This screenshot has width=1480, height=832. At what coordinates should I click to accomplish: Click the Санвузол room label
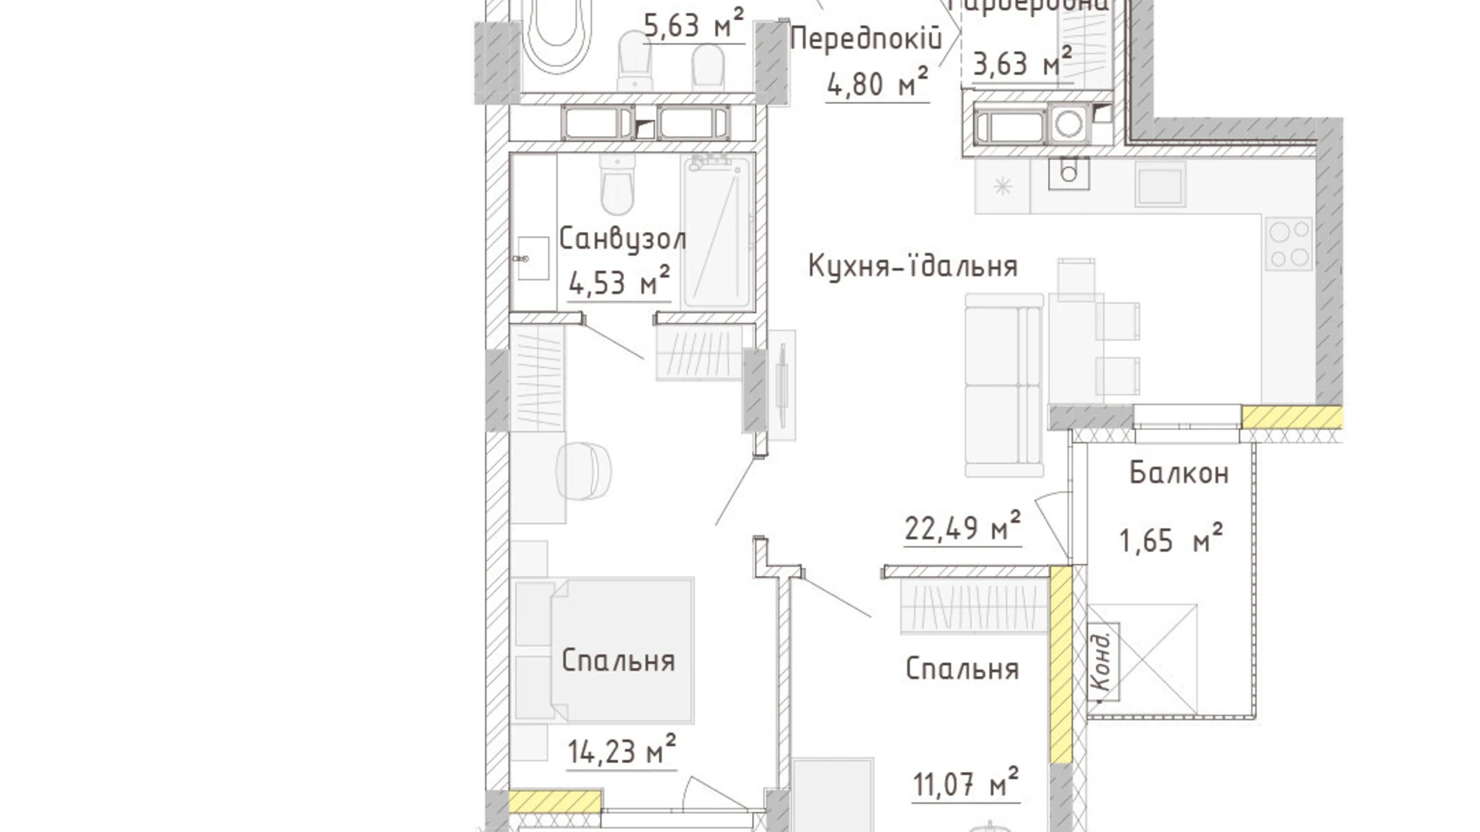pos(622,239)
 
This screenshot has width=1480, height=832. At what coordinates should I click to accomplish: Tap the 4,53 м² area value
pos(618,282)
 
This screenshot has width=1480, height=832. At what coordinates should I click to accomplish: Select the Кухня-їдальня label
pos(912,266)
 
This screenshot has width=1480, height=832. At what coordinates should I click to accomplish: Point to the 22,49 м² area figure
pos(962,528)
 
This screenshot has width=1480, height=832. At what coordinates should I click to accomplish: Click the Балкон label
pos(1178,474)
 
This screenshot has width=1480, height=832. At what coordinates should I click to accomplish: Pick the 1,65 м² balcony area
pos(1170,540)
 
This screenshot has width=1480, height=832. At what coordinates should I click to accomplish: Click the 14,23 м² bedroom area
pos(622,751)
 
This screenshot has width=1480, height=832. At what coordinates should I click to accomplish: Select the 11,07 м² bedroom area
pos(966,783)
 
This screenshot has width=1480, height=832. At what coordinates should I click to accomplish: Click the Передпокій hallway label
pos(864,38)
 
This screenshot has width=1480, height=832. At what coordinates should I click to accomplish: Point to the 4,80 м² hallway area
pos(877,83)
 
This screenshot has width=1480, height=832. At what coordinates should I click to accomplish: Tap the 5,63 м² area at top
pos(694,26)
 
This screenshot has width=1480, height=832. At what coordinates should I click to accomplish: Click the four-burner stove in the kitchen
pos(1288,243)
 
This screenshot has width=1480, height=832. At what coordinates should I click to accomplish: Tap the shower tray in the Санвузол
pos(718,232)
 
